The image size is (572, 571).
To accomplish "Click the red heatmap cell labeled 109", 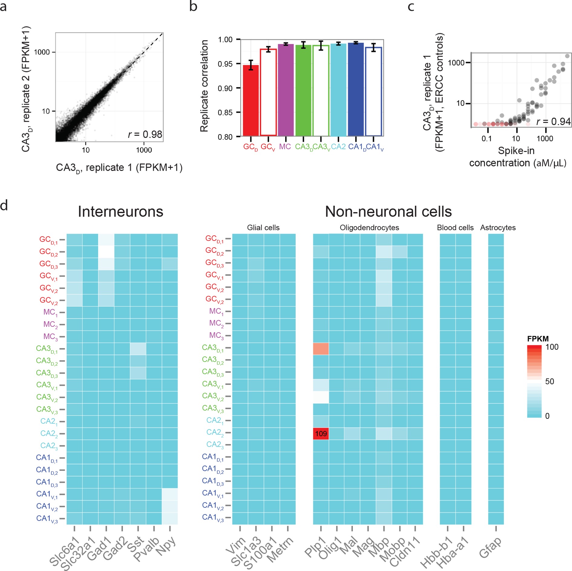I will (x=321, y=434).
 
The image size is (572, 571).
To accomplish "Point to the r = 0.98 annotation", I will (x=145, y=134).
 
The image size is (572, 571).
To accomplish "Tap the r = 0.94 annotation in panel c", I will (x=553, y=121).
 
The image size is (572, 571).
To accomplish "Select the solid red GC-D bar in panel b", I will (x=251, y=100).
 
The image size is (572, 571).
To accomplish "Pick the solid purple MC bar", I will (x=286, y=90).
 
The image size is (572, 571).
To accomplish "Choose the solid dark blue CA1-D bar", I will (x=356, y=89).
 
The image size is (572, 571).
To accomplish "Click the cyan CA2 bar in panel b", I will (x=338, y=90).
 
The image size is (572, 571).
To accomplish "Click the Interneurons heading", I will (x=120, y=212).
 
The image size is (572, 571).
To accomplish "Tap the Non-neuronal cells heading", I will (x=388, y=212).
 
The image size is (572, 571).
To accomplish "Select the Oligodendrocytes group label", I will (x=369, y=228).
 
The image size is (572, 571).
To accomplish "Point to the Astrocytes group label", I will (x=498, y=228).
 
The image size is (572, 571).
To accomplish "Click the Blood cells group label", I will (x=455, y=228).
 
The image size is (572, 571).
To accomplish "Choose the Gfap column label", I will (x=490, y=548).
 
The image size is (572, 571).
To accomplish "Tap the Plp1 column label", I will (x=315, y=548).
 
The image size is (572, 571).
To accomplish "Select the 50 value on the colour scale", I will (x=549, y=381).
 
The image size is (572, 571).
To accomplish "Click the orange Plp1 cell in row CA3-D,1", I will (x=321, y=349).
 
